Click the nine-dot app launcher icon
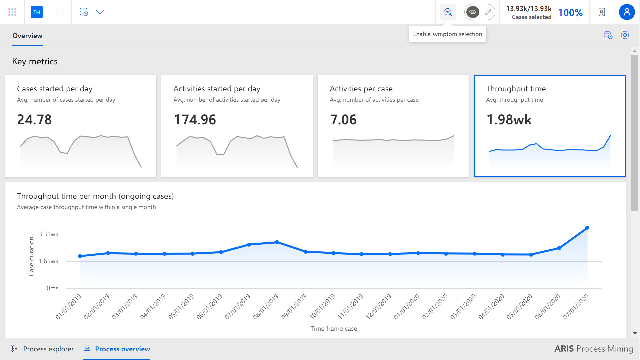click(12, 12)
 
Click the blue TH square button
click(37, 12)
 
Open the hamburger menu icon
click(60, 12)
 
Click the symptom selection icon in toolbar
click(448, 12)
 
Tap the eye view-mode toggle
click(473, 12)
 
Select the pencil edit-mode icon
click(488, 12)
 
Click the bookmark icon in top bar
click(602, 12)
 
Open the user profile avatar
click(627, 12)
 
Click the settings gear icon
click(625, 35)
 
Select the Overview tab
click(27, 36)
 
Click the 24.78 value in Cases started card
click(34, 120)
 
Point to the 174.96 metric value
click(195, 120)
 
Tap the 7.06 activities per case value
click(343, 120)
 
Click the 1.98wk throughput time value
click(509, 120)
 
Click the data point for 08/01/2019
click(277, 242)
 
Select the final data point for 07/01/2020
click(587, 228)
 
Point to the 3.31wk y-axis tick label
click(49, 234)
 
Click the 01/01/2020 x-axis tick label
click(407, 307)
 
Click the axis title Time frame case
click(334, 328)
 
